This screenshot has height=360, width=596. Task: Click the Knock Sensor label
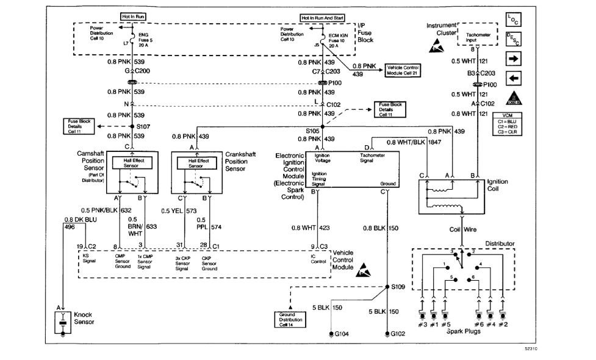coord(83,319)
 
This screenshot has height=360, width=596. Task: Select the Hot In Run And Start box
coord(321,18)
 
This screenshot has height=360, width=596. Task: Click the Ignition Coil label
coord(498,185)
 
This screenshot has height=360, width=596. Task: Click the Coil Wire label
coord(462,229)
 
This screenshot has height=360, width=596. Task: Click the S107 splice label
coord(144,127)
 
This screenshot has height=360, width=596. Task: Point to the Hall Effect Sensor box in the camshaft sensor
coord(129,163)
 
